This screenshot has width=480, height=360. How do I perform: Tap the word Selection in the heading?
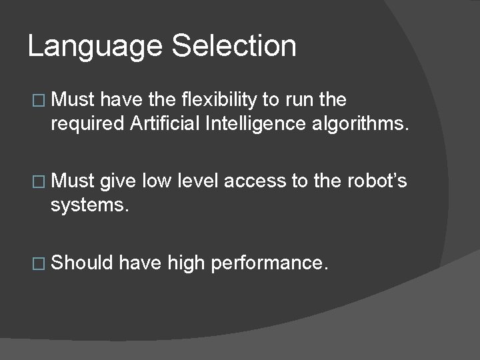(234, 47)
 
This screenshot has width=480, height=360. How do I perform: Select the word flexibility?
(221, 100)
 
